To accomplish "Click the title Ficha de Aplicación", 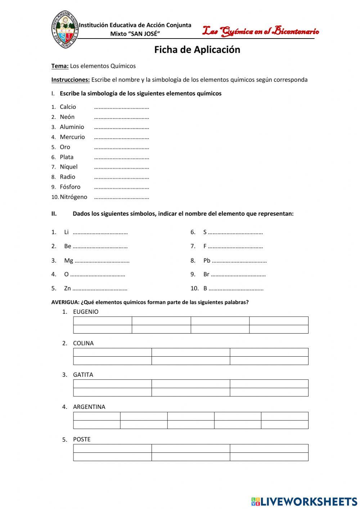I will click(x=197, y=50).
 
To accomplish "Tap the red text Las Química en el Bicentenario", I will click(x=260, y=32).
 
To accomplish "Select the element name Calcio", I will click(x=68, y=107).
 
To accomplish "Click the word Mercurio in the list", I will click(x=72, y=137).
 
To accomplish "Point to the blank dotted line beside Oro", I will click(x=121, y=148).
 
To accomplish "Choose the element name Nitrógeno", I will click(x=73, y=197).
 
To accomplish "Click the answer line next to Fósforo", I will click(x=121, y=187).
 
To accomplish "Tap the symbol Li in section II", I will click(x=66, y=232).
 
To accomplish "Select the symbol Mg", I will click(x=68, y=260).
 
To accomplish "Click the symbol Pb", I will click(x=207, y=260).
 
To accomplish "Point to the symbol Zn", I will click(x=67, y=289).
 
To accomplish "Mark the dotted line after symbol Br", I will click(x=238, y=275).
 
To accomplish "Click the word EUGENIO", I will click(x=85, y=312).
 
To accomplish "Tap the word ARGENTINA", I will click(x=89, y=407).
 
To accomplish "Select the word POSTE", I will click(x=82, y=439).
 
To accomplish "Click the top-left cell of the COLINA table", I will click(x=112, y=352).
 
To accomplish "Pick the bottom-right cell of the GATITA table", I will click(x=269, y=392).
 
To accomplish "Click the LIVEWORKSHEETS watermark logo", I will click(x=304, y=501).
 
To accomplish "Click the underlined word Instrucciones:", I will click(x=70, y=80).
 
